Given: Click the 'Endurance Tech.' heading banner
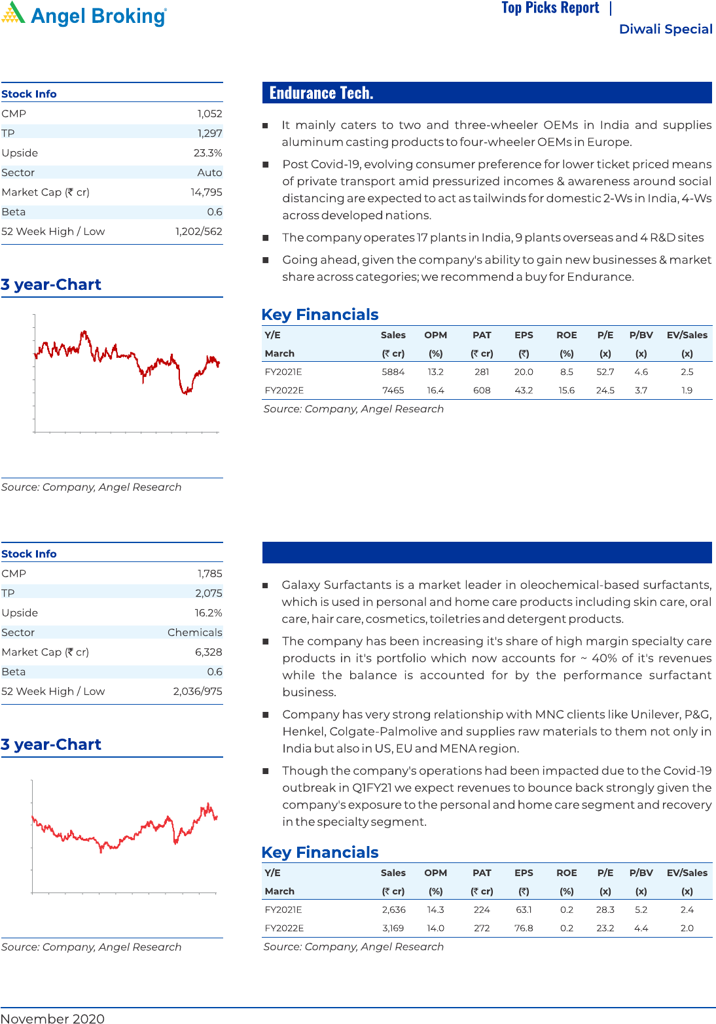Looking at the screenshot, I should [486, 93].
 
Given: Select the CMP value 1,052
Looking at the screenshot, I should [209, 114].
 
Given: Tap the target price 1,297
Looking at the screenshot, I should [209, 133].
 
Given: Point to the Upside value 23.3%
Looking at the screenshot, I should [207, 153].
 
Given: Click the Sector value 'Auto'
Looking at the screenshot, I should [209, 173].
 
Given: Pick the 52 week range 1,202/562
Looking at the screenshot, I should [198, 232].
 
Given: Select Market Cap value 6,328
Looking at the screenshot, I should [208, 652].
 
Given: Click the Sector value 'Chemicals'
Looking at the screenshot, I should [194, 633].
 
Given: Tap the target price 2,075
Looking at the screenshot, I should [208, 593].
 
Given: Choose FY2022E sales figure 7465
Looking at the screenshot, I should [393, 391].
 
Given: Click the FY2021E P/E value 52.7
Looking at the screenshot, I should [605, 372].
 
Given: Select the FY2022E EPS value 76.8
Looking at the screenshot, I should [524, 928].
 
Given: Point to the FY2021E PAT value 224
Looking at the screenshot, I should [482, 910].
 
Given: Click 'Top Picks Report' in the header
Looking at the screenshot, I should [550, 8].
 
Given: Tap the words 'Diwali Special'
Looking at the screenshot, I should [665, 29].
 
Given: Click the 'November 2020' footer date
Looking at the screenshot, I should [52, 1018].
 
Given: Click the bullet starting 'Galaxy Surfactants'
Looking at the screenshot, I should [496, 602].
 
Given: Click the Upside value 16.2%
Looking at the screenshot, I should [208, 613].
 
